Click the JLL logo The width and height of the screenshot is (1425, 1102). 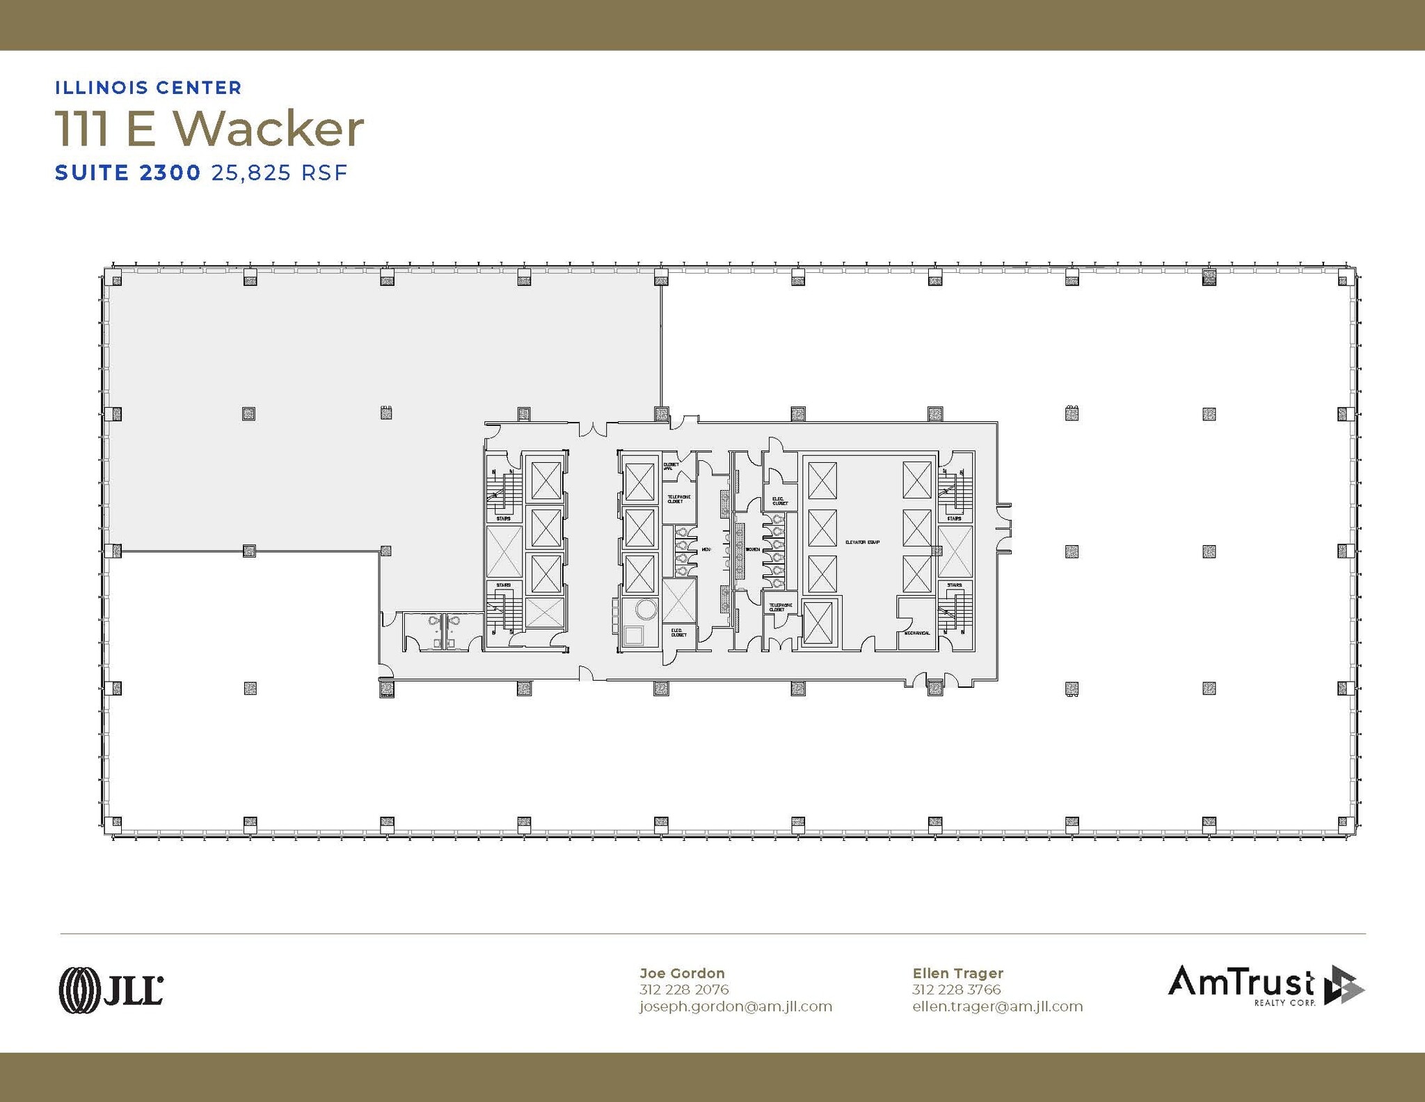[111, 989]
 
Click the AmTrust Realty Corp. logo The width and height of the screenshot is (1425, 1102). [1266, 985]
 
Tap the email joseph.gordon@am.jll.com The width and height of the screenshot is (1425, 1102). [735, 1007]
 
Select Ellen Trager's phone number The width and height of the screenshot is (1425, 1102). [956, 989]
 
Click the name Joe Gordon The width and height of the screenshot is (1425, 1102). [682, 973]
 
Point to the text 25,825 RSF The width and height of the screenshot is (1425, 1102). [279, 173]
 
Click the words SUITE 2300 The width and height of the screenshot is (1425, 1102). [128, 173]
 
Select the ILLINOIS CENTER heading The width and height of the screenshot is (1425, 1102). [148, 88]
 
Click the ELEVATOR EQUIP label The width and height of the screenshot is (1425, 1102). [862, 542]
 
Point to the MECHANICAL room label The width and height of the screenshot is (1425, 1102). [916, 633]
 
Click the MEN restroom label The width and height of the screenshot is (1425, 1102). [706, 549]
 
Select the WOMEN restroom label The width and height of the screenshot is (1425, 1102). [753, 549]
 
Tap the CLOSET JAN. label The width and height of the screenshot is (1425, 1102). [671, 466]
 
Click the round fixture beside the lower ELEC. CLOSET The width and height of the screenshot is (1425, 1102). [646, 610]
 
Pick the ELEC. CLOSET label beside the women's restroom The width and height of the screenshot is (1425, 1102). [779, 501]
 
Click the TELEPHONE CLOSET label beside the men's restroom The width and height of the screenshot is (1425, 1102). [678, 499]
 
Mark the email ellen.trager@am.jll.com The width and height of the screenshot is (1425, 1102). [997, 1007]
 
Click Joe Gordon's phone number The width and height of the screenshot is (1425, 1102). [683, 989]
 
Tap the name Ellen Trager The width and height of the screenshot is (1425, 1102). [957, 973]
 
